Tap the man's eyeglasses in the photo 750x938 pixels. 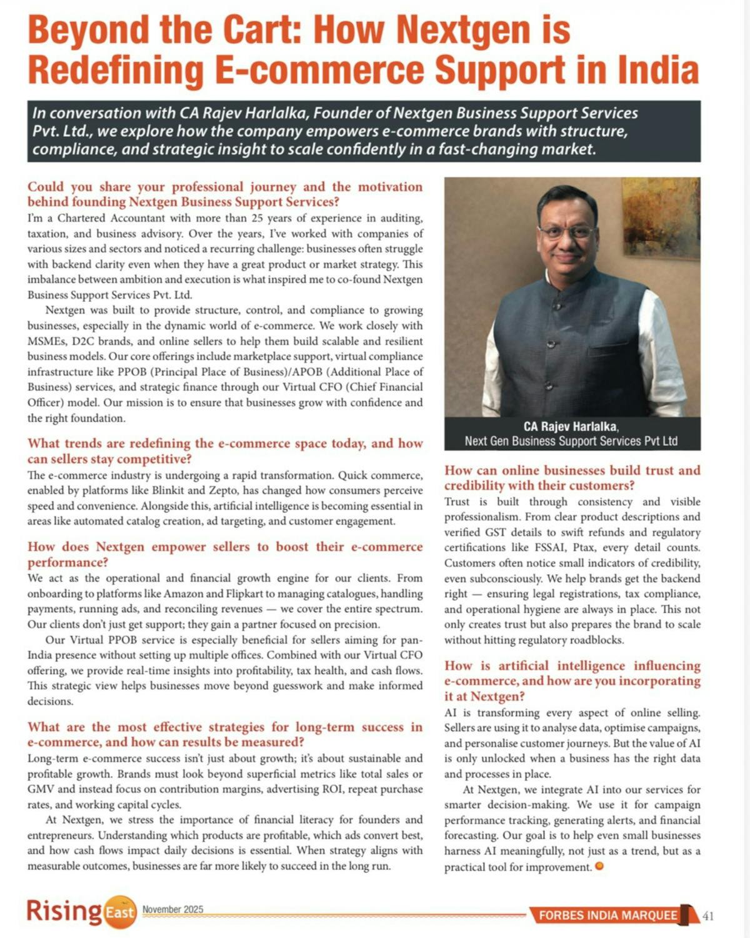pos(566,232)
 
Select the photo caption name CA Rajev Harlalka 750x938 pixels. pos(571,426)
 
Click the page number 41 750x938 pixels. pos(708,916)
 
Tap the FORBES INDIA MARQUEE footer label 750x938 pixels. pos(608,915)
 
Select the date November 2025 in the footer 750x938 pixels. pos(172,909)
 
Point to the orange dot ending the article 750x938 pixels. pos(600,867)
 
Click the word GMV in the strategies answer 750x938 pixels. pos(42,789)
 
